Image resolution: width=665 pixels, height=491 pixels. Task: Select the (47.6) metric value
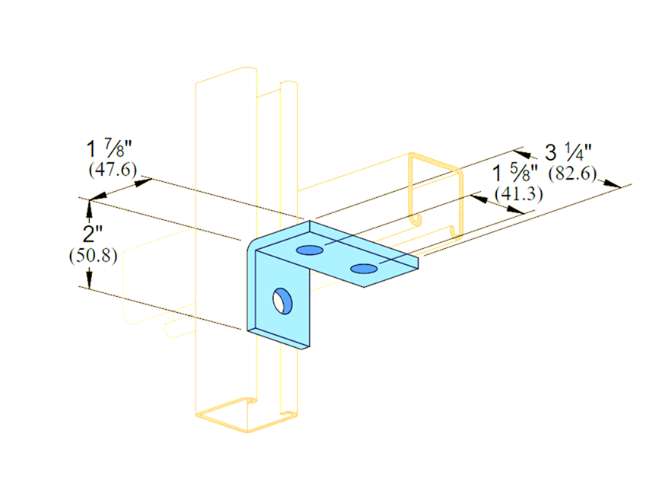[113, 168]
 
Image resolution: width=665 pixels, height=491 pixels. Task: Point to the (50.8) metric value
[92, 256]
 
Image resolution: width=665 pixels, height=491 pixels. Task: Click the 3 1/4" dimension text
[568, 151]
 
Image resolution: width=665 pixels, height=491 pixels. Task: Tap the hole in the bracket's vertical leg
[282, 299]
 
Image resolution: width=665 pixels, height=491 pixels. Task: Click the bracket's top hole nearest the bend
[308, 250]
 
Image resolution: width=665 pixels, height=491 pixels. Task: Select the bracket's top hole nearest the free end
[364, 268]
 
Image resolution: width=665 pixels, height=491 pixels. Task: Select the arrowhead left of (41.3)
[478, 197]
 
